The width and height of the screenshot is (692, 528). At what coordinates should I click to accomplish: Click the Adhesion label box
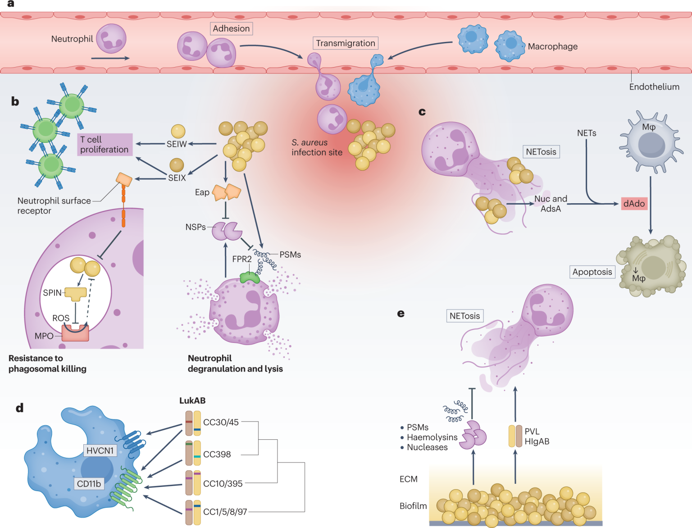[x=231, y=29]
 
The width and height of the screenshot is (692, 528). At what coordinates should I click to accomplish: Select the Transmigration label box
[x=345, y=43]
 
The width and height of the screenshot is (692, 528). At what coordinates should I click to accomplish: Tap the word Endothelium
[x=654, y=87]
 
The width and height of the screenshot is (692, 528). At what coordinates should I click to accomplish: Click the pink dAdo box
[x=634, y=204]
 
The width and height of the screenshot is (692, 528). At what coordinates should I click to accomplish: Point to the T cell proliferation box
[x=105, y=145]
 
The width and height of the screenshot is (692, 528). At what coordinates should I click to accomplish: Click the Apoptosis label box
[x=592, y=272]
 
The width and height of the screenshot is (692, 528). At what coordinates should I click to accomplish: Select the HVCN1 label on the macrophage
[x=100, y=451]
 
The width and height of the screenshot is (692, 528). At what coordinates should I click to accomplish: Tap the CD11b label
[x=89, y=484]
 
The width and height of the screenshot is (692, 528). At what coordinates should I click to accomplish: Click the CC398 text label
[x=217, y=455]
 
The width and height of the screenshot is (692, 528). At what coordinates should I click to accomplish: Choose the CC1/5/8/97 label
[x=225, y=512]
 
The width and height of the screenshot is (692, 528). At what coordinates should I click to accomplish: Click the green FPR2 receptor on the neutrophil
[x=250, y=277]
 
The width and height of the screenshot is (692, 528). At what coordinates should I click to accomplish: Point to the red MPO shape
[x=75, y=333]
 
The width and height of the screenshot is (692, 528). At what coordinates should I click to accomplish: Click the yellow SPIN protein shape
[x=76, y=294]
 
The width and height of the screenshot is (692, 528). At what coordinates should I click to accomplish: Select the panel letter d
[x=19, y=408]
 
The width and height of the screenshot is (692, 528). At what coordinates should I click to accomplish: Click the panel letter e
[x=401, y=314]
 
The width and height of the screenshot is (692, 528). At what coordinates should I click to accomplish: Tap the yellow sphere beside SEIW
[x=178, y=131]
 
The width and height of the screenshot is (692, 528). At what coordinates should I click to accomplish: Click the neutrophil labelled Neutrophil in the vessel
[x=111, y=39]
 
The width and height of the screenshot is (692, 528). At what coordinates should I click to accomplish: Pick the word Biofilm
[x=413, y=506]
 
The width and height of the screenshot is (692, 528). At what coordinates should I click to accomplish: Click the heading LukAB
[x=192, y=401]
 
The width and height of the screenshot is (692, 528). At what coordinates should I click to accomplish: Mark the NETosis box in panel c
[x=541, y=152]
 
